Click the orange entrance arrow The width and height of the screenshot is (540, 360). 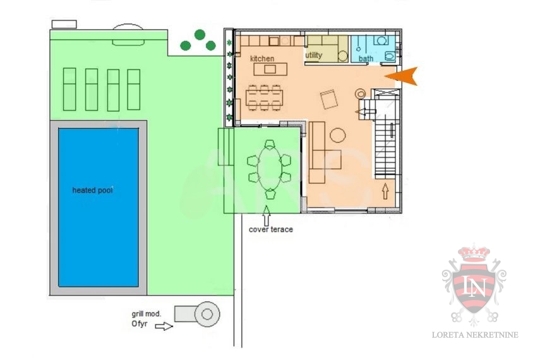coord(403,76)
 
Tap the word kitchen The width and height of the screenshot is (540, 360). coord(262,59)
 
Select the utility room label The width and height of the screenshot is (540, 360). coord(314,55)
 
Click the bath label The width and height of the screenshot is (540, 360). coord(366,59)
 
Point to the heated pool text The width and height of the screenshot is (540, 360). coord(92,190)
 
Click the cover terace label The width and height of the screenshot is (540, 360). coord(271,229)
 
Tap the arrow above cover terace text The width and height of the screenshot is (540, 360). coord(267,216)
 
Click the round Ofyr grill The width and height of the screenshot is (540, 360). coord(207,314)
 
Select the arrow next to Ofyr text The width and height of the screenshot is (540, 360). coord(164,326)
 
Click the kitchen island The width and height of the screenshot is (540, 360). coord(270,69)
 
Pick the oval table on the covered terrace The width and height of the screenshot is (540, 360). coord(270,169)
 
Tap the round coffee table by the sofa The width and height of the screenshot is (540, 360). coord(338,135)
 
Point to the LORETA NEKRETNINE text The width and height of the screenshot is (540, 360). coord(475,335)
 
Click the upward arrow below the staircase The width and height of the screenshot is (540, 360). coord(385,191)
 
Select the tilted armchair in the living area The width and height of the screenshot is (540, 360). coord(329,99)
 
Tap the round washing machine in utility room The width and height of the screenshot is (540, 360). coord(343,56)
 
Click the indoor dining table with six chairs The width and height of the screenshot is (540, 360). coord(265,98)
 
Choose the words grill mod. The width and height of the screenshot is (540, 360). coord(147,314)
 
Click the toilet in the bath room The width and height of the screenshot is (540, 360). coord(390,56)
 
